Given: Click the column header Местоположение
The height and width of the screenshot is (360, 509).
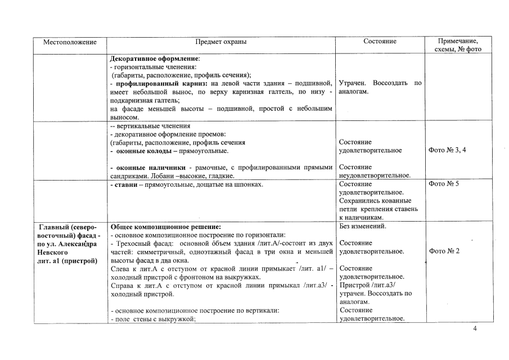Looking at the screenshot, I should coord(71,42).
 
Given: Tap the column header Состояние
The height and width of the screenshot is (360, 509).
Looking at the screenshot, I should coord(380,42).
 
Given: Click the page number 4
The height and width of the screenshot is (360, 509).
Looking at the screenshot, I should coord(475,329).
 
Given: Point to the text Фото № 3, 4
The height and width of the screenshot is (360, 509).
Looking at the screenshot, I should coord(447,150).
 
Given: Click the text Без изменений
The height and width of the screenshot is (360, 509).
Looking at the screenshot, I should coord(362,226).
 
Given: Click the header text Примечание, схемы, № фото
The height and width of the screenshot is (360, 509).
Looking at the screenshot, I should coord(458,45).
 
